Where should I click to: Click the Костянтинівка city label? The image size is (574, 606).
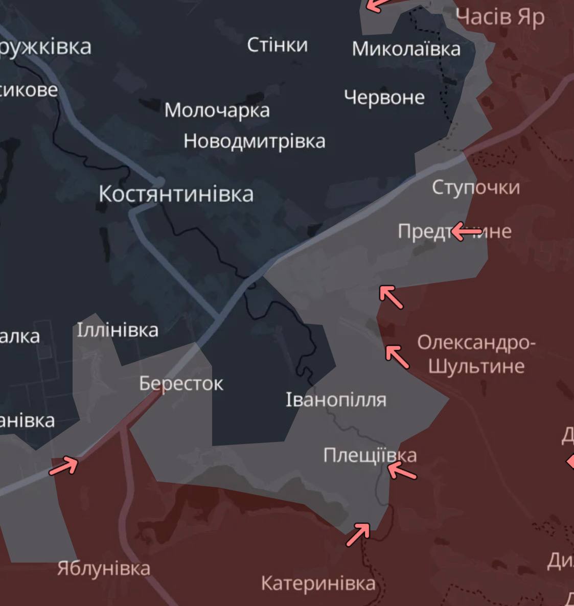pos(176,194)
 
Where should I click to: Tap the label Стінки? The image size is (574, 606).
pos(278,45)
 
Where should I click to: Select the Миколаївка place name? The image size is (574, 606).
pos(406,49)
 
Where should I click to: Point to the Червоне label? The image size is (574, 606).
pos(384,97)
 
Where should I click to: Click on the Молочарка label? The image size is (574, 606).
pos(217,110)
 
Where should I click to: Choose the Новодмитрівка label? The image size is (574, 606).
pos(254,141)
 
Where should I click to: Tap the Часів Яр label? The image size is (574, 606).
pos(500,17)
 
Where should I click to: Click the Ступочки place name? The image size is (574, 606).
pos(475,187)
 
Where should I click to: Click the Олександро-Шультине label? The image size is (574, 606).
pos(476,354)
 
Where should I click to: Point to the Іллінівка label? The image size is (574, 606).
pos(118,330)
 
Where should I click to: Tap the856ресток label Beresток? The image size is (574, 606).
pos(181,384)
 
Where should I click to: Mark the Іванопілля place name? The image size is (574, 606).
pos(336,400)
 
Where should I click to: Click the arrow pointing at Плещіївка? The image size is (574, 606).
pos(402,471)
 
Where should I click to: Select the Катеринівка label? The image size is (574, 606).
pos(318,583)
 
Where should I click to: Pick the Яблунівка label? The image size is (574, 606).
pos(103,568)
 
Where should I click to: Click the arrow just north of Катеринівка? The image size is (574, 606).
pos(358,534)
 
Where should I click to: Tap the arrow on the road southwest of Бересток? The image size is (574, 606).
pos(63,465)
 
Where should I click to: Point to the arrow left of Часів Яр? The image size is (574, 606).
pos(377,6)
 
